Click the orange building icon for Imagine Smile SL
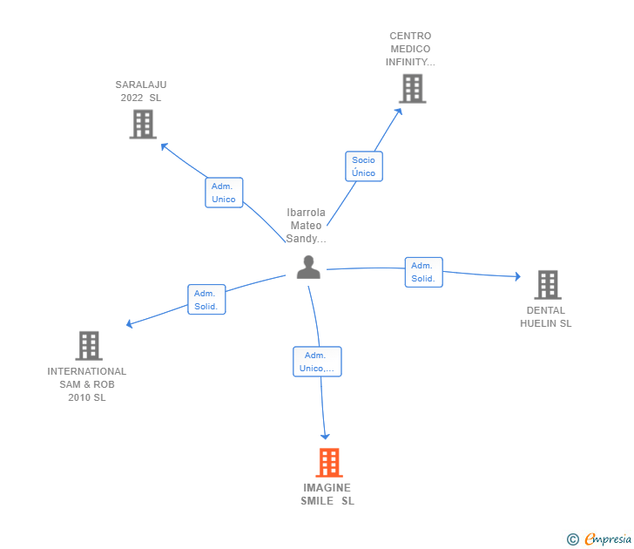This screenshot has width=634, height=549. [328, 463]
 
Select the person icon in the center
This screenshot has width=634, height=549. [308, 268]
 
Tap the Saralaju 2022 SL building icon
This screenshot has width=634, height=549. [142, 125]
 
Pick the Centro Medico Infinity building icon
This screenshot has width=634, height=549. [412, 89]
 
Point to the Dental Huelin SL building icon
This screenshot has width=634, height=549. [547, 285]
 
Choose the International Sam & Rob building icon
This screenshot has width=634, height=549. [88, 346]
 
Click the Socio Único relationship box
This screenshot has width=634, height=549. [363, 166]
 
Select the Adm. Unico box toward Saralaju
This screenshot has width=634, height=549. [224, 193]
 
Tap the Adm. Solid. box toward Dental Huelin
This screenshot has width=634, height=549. [423, 272]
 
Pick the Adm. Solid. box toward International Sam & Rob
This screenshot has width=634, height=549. [206, 300]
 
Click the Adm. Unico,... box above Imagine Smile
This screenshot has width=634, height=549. [317, 362]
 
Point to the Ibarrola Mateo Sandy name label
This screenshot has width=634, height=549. [306, 226]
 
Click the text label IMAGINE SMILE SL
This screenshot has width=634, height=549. [327, 494]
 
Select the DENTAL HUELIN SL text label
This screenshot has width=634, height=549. [546, 316]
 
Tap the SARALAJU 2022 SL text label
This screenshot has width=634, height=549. [141, 91]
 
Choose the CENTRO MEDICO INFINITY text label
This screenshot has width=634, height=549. [410, 50]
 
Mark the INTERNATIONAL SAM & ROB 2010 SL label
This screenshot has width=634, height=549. [87, 384]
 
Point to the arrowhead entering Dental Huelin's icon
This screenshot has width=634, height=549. [516, 277]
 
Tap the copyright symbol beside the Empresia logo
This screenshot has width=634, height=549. [572, 540]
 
